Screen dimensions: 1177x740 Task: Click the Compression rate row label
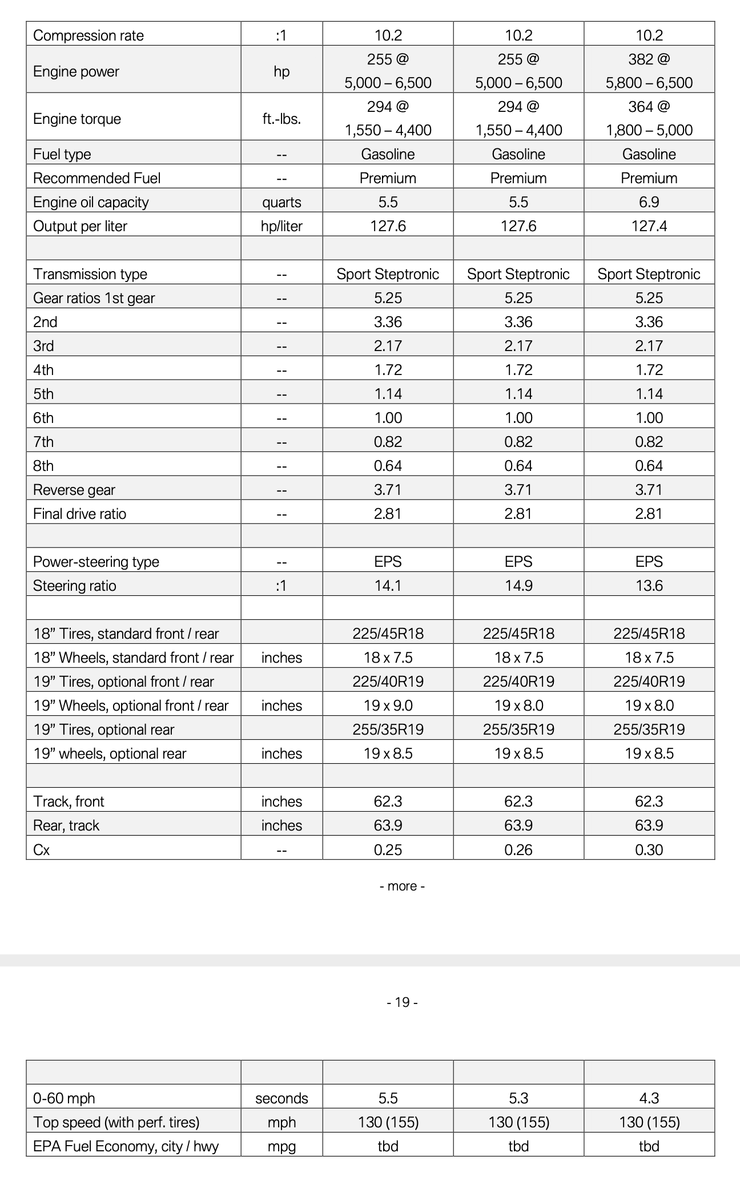(89, 35)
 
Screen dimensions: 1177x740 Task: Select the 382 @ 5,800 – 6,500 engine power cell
(649, 71)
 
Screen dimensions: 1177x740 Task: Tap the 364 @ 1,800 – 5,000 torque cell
(649, 118)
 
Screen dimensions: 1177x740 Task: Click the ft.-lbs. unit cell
(281, 119)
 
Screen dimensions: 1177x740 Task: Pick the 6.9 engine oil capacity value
(649, 202)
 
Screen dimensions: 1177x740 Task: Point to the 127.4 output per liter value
(649, 226)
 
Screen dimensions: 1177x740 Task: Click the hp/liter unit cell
(281, 226)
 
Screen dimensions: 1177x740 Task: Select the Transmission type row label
(90, 274)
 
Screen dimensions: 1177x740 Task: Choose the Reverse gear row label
(74, 490)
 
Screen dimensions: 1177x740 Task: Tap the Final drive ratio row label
(80, 514)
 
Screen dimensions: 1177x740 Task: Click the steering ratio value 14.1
(388, 586)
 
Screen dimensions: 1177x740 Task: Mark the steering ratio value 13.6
(649, 586)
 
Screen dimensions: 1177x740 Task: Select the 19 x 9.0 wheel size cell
(388, 706)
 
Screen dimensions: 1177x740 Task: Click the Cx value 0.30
(649, 850)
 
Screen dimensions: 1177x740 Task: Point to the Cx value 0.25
(388, 850)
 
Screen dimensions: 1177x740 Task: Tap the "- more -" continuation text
(402, 886)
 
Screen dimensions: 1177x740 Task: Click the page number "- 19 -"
(402, 1002)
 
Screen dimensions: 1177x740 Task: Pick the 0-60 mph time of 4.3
(649, 1098)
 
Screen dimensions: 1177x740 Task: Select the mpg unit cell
(281, 1146)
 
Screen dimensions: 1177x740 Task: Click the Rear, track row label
(66, 825)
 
